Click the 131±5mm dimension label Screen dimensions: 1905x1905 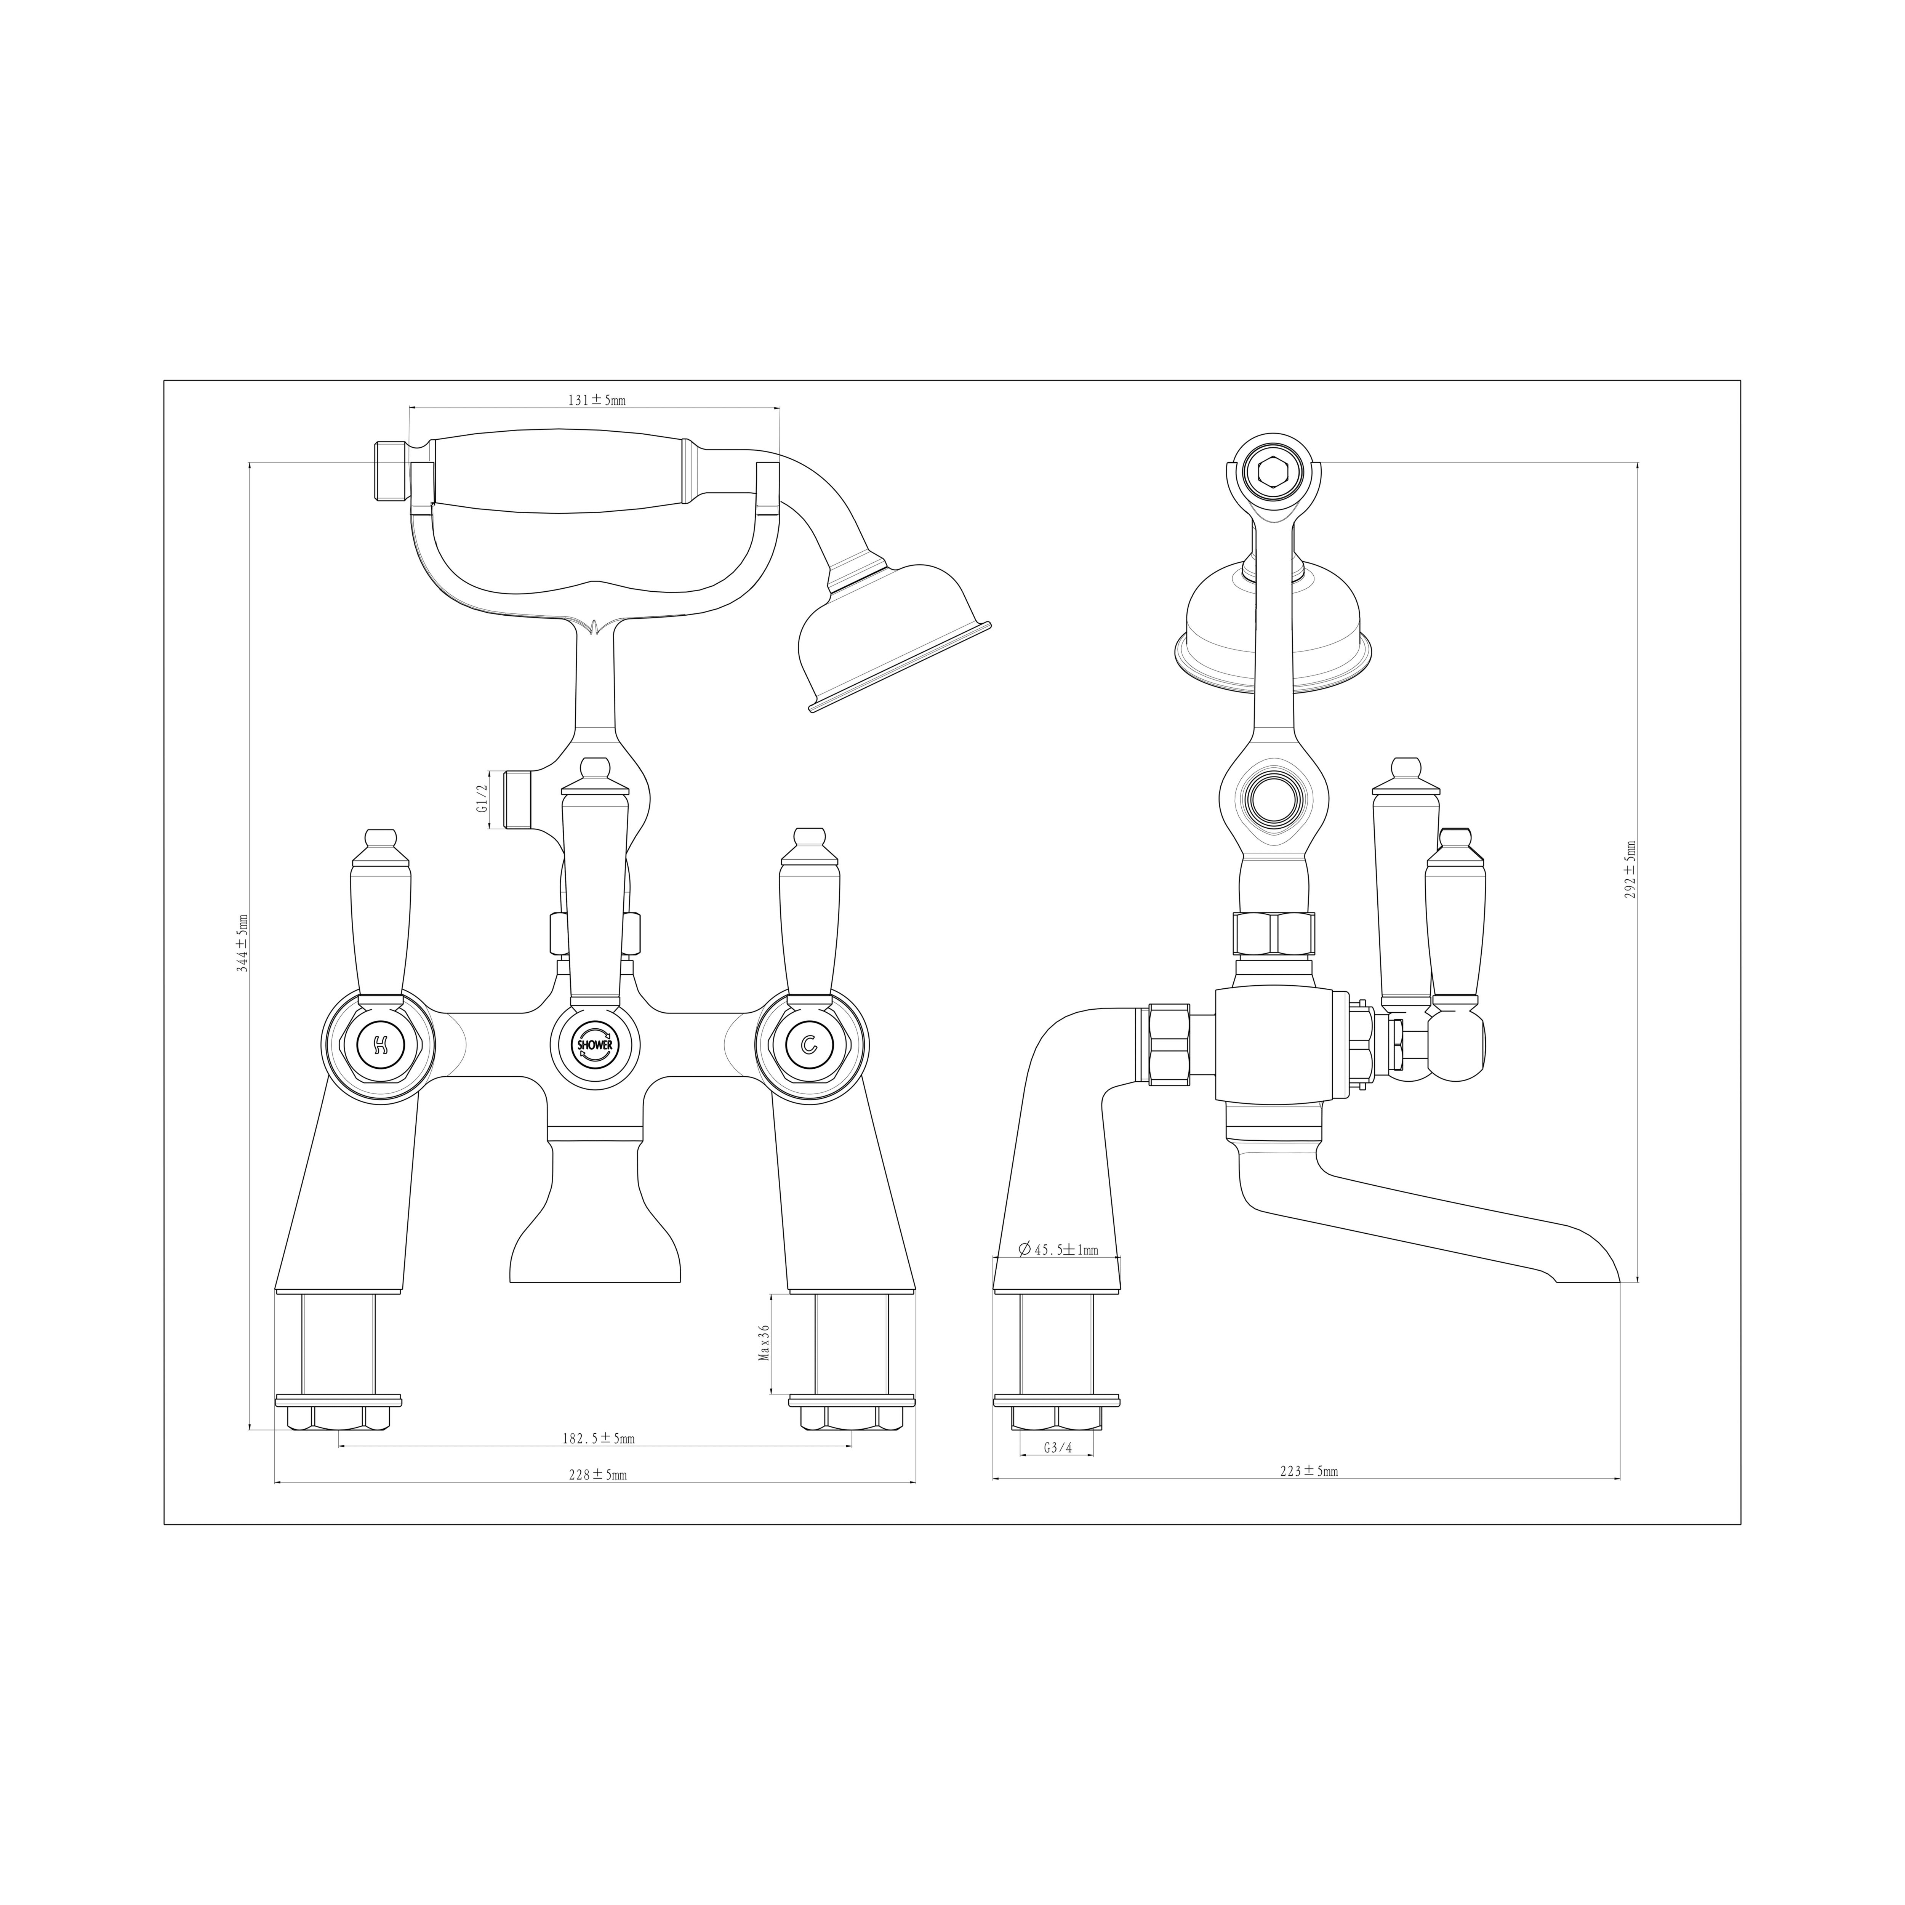tap(596, 400)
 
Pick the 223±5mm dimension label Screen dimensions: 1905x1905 tap(1308, 1499)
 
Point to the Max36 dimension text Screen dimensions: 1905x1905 tap(763, 1343)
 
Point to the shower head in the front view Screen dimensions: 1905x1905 tap(887, 636)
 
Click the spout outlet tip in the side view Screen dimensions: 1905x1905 tap(1588, 1281)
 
